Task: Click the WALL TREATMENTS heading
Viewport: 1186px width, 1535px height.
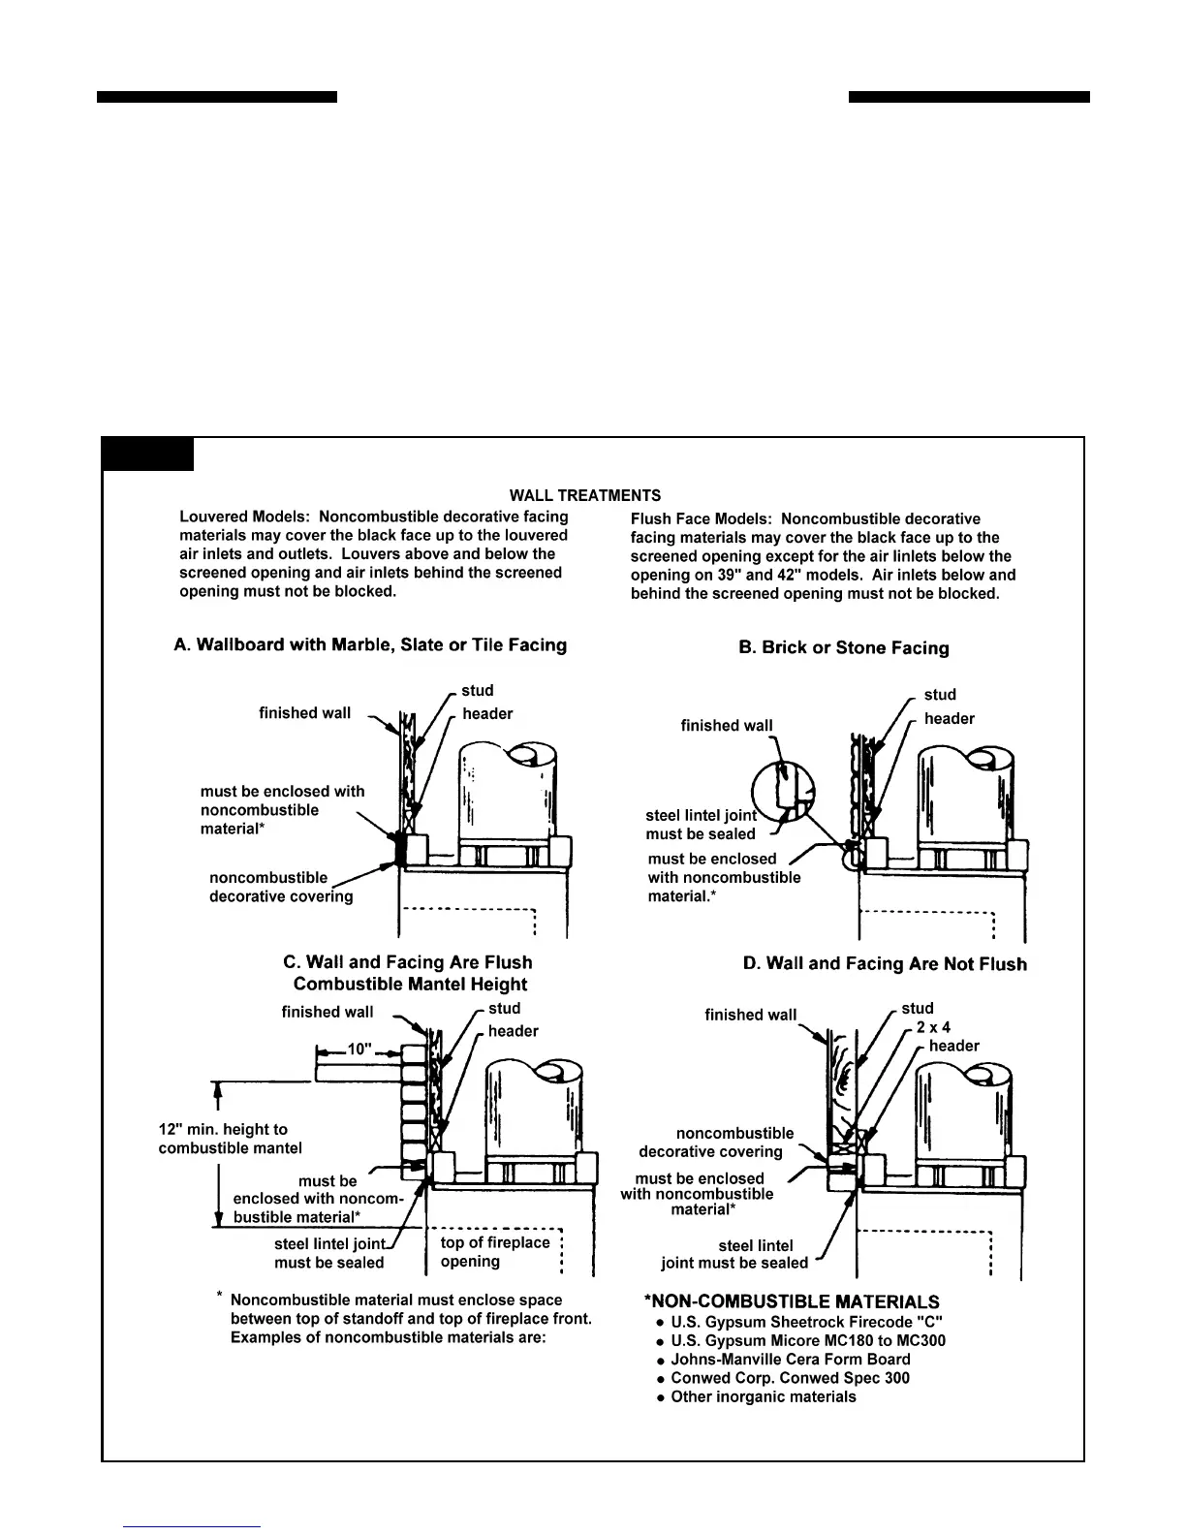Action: click(585, 495)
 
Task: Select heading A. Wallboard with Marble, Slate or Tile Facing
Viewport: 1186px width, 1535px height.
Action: click(370, 644)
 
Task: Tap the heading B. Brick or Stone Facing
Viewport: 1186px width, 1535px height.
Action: click(843, 647)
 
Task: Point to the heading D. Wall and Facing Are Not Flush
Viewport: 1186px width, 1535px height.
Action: click(885, 963)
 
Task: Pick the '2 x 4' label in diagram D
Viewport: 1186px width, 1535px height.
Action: click(933, 1026)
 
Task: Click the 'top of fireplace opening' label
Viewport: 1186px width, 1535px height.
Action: click(494, 1252)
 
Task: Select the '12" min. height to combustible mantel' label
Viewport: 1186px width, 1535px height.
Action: click(231, 1139)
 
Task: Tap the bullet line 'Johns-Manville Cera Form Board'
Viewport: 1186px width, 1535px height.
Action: click(790, 1360)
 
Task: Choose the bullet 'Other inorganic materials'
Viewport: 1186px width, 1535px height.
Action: click(763, 1396)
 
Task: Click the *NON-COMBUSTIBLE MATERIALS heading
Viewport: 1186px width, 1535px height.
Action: click(792, 1301)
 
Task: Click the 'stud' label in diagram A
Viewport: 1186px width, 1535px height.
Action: click(477, 690)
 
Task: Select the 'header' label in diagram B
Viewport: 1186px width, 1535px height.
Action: click(949, 718)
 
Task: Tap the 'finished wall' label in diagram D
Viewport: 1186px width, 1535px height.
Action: click(750, 1015)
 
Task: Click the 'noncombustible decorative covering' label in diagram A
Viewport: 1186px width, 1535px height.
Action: click(280, 887)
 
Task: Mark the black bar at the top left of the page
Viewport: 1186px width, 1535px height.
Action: click(217, 97)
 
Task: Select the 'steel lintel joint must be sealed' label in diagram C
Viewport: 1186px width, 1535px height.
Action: click(329, 1253)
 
